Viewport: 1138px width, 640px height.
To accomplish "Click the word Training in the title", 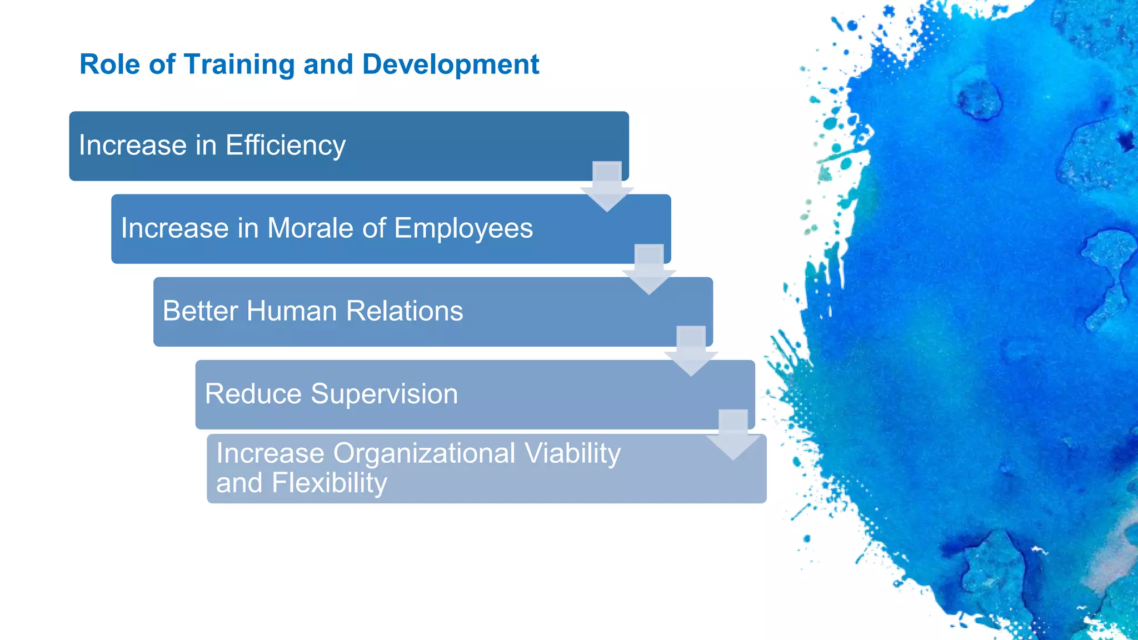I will coord(239,64).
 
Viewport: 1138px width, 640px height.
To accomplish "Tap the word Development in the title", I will coord(450,64).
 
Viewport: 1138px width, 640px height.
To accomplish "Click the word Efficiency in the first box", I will coord(285,146).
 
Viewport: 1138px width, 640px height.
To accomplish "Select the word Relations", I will coord(404,311).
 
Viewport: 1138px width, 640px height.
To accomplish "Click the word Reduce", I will coord(253,394).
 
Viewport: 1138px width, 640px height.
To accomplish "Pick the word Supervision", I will coord(384,394).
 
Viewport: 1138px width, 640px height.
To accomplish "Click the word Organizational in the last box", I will coord(424,453).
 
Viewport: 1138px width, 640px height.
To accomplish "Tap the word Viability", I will coord(572,453).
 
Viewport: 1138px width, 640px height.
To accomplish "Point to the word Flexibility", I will coord(329,483).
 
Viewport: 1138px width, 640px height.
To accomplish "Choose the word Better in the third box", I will coord(200,311).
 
